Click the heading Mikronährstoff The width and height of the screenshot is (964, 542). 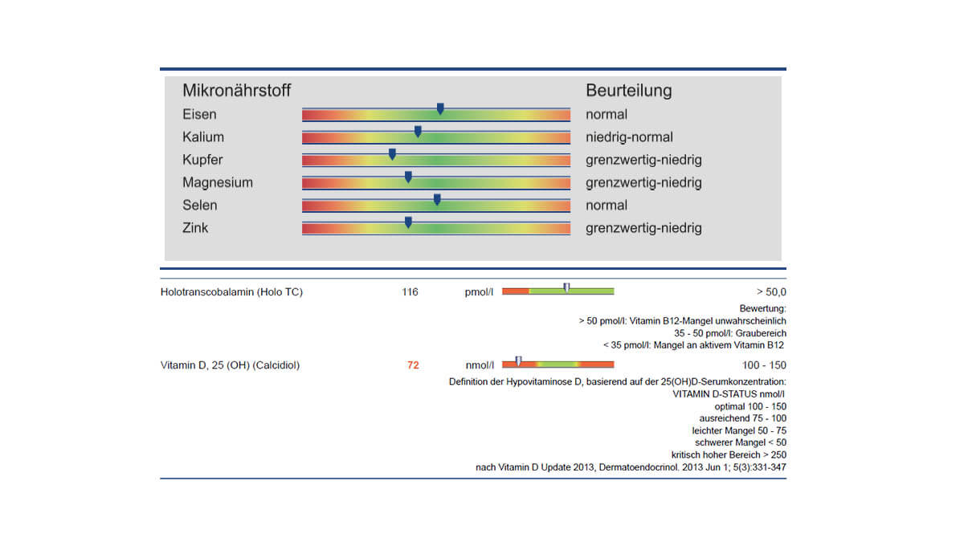237,90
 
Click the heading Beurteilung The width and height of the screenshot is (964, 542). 629,90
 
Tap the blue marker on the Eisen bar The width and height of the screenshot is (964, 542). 440,108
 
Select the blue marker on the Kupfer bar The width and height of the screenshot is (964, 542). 392,154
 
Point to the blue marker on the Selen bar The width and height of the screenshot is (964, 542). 437,200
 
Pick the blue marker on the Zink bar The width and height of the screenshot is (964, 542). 408,222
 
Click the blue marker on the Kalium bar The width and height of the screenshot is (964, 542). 418,131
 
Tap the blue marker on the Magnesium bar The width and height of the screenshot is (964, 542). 408,177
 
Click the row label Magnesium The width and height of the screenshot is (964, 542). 218,182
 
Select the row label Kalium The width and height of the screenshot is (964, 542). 203,137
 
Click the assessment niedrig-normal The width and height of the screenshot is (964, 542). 629,137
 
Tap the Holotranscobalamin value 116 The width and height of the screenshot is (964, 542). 410,292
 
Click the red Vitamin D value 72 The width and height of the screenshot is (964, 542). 413,365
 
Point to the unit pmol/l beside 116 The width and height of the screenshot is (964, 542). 479,292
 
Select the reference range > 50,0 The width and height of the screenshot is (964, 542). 771,292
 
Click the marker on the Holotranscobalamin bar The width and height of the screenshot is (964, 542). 567,287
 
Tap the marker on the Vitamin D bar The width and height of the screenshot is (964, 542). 519,361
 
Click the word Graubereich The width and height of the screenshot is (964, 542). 761,333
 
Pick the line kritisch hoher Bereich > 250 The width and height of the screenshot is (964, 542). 729,454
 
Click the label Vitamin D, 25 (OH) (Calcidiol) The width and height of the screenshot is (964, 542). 230,365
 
